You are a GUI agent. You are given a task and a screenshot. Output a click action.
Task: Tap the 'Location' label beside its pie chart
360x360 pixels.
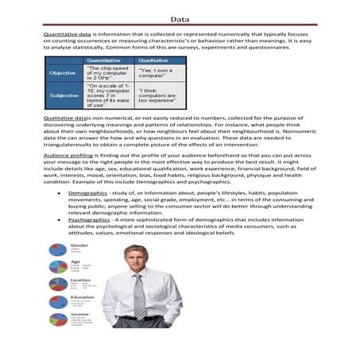pyautogui.click(x=80, y=280)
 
